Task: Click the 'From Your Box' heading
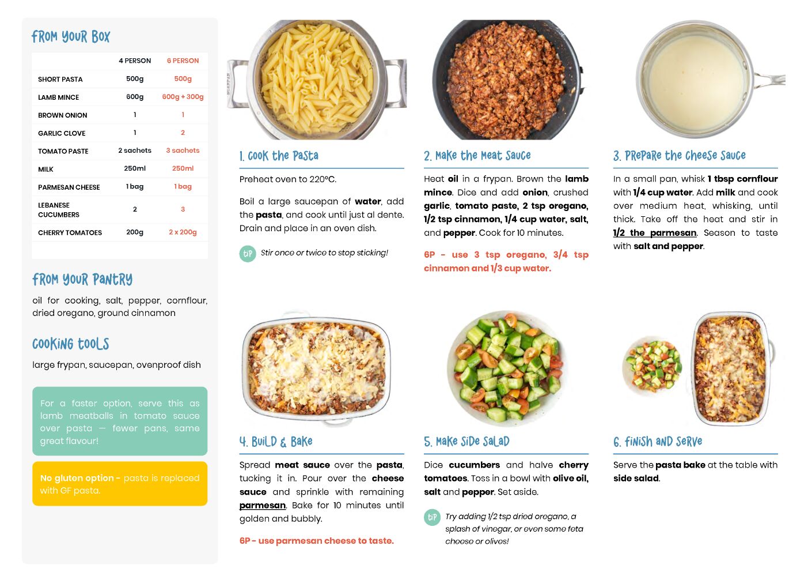click(71, 36)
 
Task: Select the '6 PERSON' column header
click(183, 61)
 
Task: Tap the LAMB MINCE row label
click(58, 97)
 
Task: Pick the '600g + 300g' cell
click(183, 97)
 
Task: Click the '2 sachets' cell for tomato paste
click(135, 150)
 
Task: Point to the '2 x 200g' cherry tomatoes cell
click(183, 232)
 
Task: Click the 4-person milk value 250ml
click(135, 168)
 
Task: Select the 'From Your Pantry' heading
click(82, 280)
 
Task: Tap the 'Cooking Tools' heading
click(71, 344)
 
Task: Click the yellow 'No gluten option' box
click(120, 484)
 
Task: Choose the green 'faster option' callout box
click(120, 421)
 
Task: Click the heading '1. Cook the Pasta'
click(279, 156)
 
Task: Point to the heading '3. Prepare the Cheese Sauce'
click(679, 156)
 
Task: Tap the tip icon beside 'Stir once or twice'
click(248, 254)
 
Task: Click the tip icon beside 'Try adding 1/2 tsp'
click(432, 517)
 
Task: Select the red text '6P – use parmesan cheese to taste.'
click(316, 541)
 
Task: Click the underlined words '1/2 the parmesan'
click(655, 233)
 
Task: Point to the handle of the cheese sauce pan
click(770, 80)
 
